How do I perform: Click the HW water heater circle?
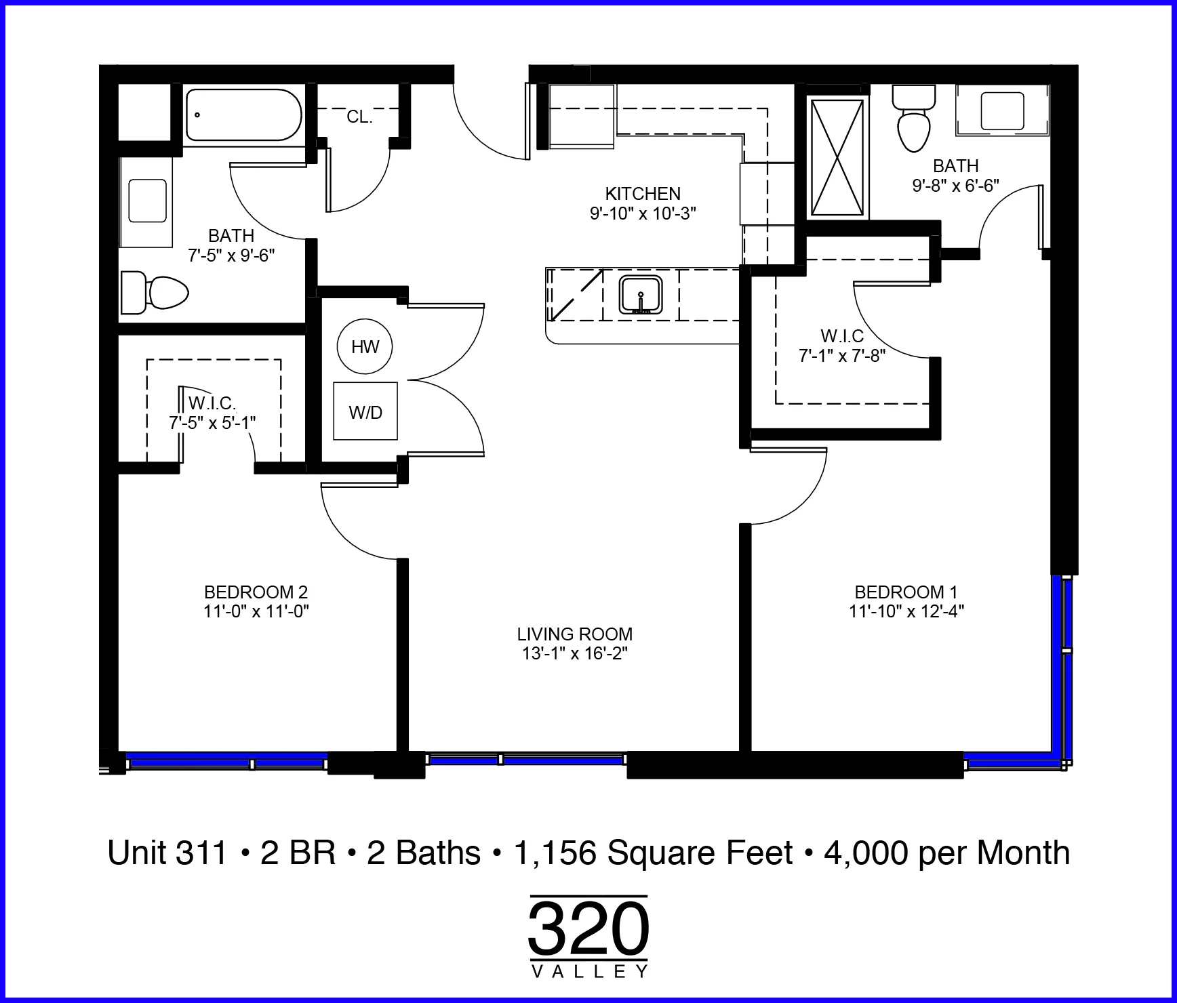365,347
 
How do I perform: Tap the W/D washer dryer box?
365,411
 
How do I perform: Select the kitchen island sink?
640,295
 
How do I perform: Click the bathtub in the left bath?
243,115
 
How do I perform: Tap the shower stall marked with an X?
839,157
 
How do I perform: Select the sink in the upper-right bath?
1002,110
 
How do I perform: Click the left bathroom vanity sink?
146,201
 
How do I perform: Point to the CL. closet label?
359,117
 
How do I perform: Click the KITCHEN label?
643,194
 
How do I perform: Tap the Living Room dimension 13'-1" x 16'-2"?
575,653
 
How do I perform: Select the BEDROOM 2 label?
256,592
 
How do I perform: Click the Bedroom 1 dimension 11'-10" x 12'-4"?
906,611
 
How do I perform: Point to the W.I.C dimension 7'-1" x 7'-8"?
842,355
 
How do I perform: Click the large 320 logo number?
588,928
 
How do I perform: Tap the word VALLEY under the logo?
589,972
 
